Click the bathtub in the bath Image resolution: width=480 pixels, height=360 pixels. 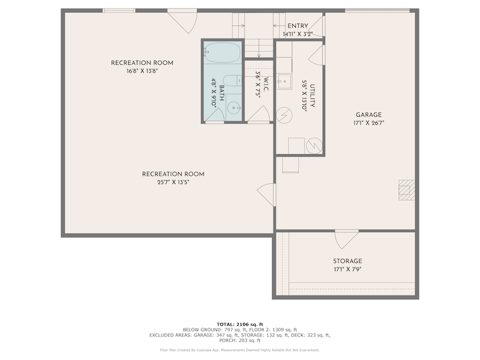click(222, 53)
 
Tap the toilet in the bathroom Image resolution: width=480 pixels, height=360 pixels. click(232, 81)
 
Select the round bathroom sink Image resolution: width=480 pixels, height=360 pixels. click(234, 108)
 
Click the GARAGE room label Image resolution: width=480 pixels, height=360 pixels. click(368, 115)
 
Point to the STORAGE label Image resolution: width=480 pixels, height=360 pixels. click(347, 261)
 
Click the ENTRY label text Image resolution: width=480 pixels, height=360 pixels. click(298, 26)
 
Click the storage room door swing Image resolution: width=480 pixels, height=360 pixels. click(347, 239)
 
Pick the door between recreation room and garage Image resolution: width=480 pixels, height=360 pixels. click(266, 194)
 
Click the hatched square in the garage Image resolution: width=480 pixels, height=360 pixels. click(407, 190)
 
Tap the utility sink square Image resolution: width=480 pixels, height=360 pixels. click(284, 82)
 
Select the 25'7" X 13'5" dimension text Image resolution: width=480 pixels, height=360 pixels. click(173, 182)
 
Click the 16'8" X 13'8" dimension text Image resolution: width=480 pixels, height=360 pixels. click(142, 71)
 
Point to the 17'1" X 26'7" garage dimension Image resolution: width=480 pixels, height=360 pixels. click(368, 123)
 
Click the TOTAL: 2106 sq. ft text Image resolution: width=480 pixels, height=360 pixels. click(240, 325)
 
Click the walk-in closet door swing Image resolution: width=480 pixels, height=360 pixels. click(259, 114)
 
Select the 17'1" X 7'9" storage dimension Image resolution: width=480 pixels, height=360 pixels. click(347, 269)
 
